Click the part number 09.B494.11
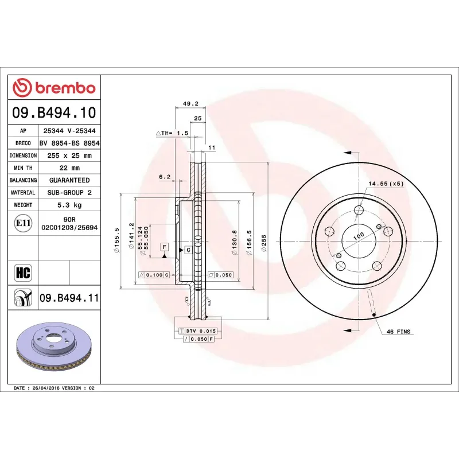pos(69,297)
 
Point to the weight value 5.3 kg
pos(69,205)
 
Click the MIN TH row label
pos(23,168)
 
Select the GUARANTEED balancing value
pos(69,180)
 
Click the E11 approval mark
pos(23,223)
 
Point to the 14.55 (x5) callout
pos(386,184)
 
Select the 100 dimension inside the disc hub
pos(359,236)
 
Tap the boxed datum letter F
pos(164,247)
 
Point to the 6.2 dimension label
pos(165,177)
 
